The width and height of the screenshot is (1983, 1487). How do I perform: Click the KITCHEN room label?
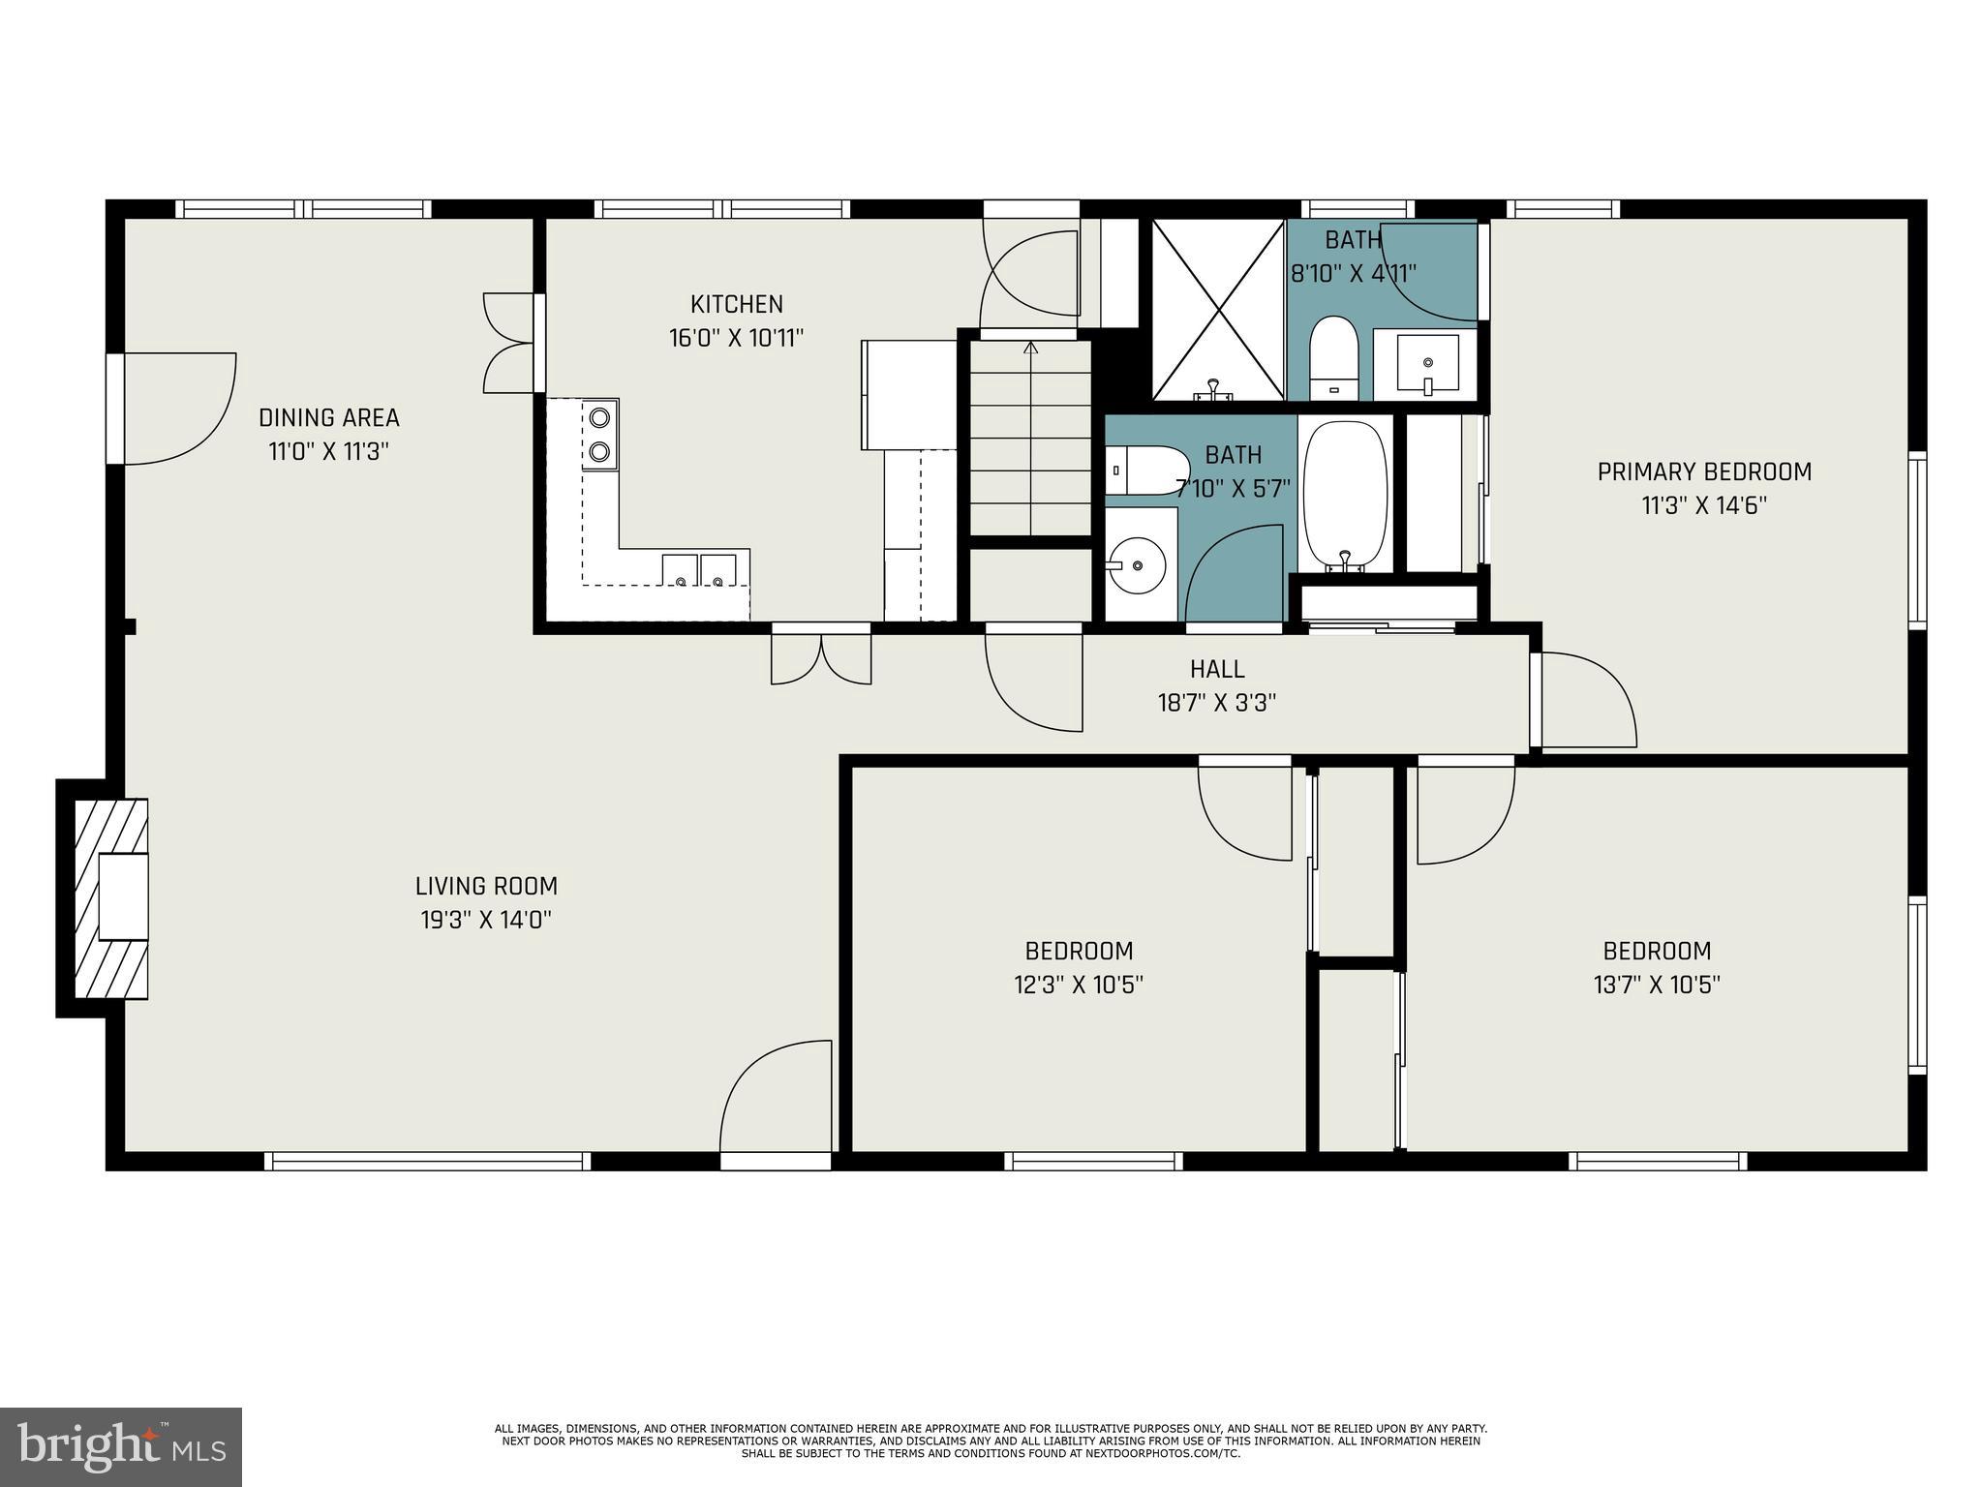[x=736, y=304]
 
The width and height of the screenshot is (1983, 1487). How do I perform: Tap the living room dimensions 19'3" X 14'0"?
[x=486, y=920]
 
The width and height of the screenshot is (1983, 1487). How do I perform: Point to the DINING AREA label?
[x=328, y=418]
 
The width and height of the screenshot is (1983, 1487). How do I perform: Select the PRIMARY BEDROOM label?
[x=1704, y=472]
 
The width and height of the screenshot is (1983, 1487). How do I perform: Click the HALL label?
[x=1217, y=669]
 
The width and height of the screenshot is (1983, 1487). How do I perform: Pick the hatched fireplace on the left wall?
[x=111, y=898]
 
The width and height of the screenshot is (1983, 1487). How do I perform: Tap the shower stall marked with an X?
[x=1217, y=309]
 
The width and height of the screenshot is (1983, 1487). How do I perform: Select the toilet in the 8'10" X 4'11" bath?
[x=1334, y=357]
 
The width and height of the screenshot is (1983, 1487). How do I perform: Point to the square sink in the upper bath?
[x=1427, y=363]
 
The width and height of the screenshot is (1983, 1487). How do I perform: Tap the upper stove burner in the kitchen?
[x=600, y=417]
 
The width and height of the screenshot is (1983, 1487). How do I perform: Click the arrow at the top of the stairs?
[x=1030, y=347]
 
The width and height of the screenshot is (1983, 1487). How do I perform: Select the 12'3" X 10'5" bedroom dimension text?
[x=1079, y=986]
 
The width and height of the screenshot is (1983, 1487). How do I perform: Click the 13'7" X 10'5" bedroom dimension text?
[x=1656, y=986]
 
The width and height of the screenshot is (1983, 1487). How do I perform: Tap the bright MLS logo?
[x=120, y=1446]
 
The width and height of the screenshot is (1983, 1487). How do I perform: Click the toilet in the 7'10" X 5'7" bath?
[x=1145, y=470]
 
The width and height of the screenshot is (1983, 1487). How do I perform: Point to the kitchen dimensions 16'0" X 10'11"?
[x=736, y=339]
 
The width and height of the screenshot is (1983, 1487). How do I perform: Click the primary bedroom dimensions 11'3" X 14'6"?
[x=1704, y=506]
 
